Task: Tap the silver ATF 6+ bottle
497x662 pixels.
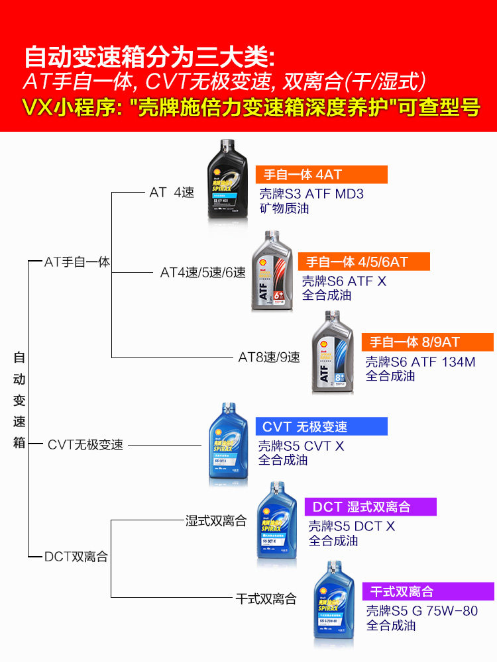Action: click(x=272, y=272)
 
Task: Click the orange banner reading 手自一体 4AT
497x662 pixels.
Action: click(x=311, y=175)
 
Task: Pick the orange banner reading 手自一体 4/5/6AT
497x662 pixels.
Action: click(x=363, y=261)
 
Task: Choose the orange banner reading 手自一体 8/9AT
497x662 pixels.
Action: click(x=427, y=342)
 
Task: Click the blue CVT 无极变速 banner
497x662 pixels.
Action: click(x=321, y=426)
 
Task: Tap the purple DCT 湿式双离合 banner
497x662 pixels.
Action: click(x=370, y=507)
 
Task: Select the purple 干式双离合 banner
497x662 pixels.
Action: click(x=428, y=591)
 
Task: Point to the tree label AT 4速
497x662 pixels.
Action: click(x=172, y=193)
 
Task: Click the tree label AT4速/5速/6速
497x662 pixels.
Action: click(x=203, y=272)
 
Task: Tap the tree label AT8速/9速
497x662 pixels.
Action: click(x=269, y=357)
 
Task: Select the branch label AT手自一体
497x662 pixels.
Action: click(x=77, y=262)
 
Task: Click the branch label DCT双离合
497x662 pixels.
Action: click(x=76, y=557)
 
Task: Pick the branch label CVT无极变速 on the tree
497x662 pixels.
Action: click(x=85, y=445)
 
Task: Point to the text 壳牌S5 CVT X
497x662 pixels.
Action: click(x=301, y=446)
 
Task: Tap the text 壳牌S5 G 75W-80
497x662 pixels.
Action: click(x=421, y=611)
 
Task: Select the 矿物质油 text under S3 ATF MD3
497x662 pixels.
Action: click(x=284, y=209)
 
